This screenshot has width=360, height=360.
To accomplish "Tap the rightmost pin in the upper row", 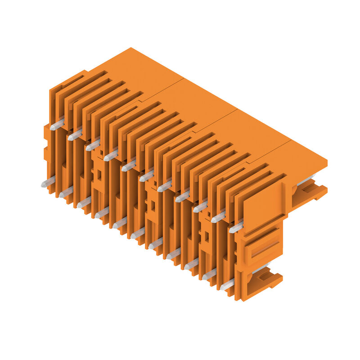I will pyautogui.click(x=236, y=227).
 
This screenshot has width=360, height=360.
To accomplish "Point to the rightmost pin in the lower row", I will pyautogui.click(x=227, y=284).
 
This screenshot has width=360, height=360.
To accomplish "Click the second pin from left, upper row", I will pyautogui.click(x=75, y=135).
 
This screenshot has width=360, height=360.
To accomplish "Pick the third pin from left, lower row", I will pyautogui.click(x=84, y=202).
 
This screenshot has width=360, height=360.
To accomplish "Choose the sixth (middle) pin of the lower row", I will pyautogui.click(x=138, y=233).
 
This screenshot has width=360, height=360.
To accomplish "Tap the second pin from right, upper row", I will pyautogui.click(x=218, y=217).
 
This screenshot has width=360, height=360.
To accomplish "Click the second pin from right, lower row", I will pyautogui.click(x=209, y=274).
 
